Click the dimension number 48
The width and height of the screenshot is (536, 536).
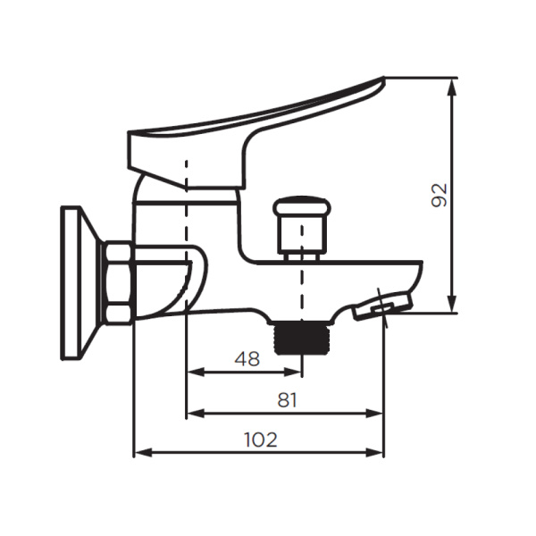[247, 359]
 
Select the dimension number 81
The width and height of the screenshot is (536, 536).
[286, 400]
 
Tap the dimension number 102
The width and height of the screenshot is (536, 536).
[260, 440]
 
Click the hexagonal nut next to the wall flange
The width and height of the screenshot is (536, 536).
[119, 281]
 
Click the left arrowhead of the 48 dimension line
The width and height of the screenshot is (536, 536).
[192, 372]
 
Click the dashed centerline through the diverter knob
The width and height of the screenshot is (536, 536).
[302, 277]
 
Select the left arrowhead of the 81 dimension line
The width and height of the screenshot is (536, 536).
[192, 413]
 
